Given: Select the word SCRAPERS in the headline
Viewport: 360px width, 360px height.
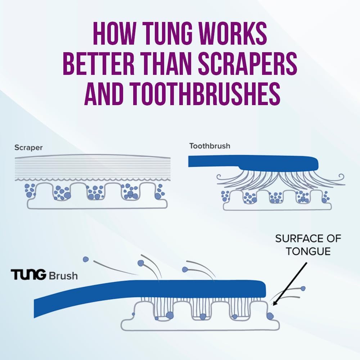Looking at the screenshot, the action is [248, 64].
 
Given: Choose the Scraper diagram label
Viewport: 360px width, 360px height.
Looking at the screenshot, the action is [28, 148].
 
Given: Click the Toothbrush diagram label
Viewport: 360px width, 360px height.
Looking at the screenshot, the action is [210, 146].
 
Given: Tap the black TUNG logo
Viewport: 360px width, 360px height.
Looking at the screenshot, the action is [28, 275].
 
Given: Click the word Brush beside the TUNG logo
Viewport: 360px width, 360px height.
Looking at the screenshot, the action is [63, 275].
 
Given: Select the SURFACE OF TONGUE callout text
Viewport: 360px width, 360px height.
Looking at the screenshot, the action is [308, 245].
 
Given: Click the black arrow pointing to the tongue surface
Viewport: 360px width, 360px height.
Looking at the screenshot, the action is [290, 284].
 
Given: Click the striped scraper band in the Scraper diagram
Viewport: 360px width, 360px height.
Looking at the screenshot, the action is [93, 167].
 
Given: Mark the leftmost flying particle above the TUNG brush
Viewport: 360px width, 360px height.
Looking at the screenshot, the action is [86, 260].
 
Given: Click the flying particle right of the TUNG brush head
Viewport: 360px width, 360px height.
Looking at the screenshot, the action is [303, 288].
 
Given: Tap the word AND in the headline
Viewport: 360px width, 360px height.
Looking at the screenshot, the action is [105, 94].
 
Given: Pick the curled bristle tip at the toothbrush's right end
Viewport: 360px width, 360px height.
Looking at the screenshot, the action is [341, 177].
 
